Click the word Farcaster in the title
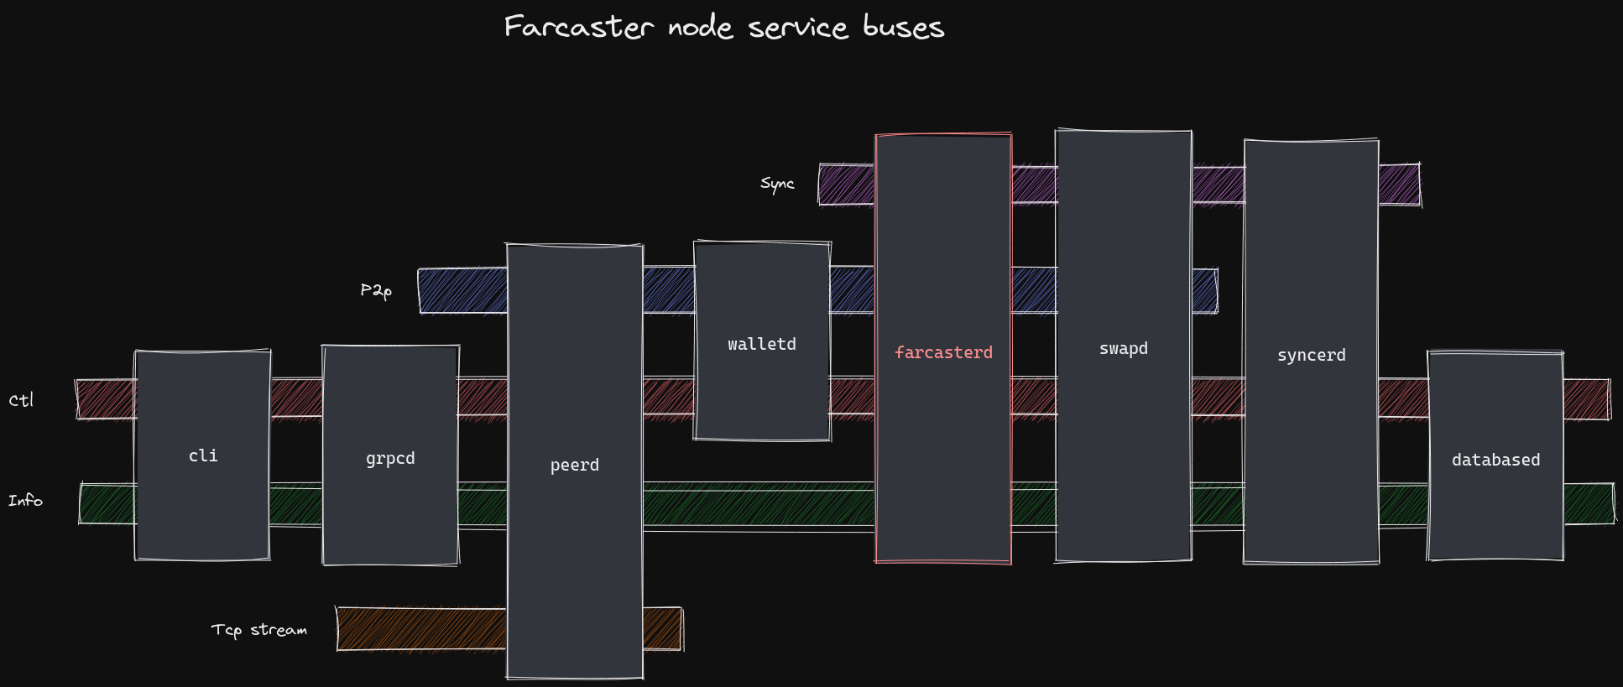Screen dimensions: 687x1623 (x=578, y=27)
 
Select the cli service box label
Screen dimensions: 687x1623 (x=203, y=455)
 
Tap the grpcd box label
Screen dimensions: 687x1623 (x=390, y=458)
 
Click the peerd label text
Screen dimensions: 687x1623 (x=575, y=465)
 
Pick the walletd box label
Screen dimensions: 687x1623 (x=762, y=344)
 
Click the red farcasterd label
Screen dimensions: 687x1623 (x=943, y=352)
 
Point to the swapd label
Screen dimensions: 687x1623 (x=1124, y=348)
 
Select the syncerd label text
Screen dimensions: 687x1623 (x=1311, y=355)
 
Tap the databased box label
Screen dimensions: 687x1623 (x=1495, y=460)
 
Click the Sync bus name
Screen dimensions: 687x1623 (x=777, y=183)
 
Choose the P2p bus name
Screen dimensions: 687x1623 (x=376, y=290)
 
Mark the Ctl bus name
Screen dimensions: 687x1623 (x=21, y=400)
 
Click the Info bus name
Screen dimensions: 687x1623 (x=25, y=500)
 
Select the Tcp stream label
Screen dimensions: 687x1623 (x=258, y=629)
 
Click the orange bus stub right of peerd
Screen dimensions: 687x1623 (x=662, y=629)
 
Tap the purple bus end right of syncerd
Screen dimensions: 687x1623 (x=1399, y=185)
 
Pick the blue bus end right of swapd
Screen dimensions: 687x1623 (x=1204, y=291)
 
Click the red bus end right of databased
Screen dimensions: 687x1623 (x=1586, y=399)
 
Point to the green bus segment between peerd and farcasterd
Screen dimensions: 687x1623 (x=759, y=504)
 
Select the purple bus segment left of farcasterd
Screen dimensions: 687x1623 (x=846, y=185)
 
